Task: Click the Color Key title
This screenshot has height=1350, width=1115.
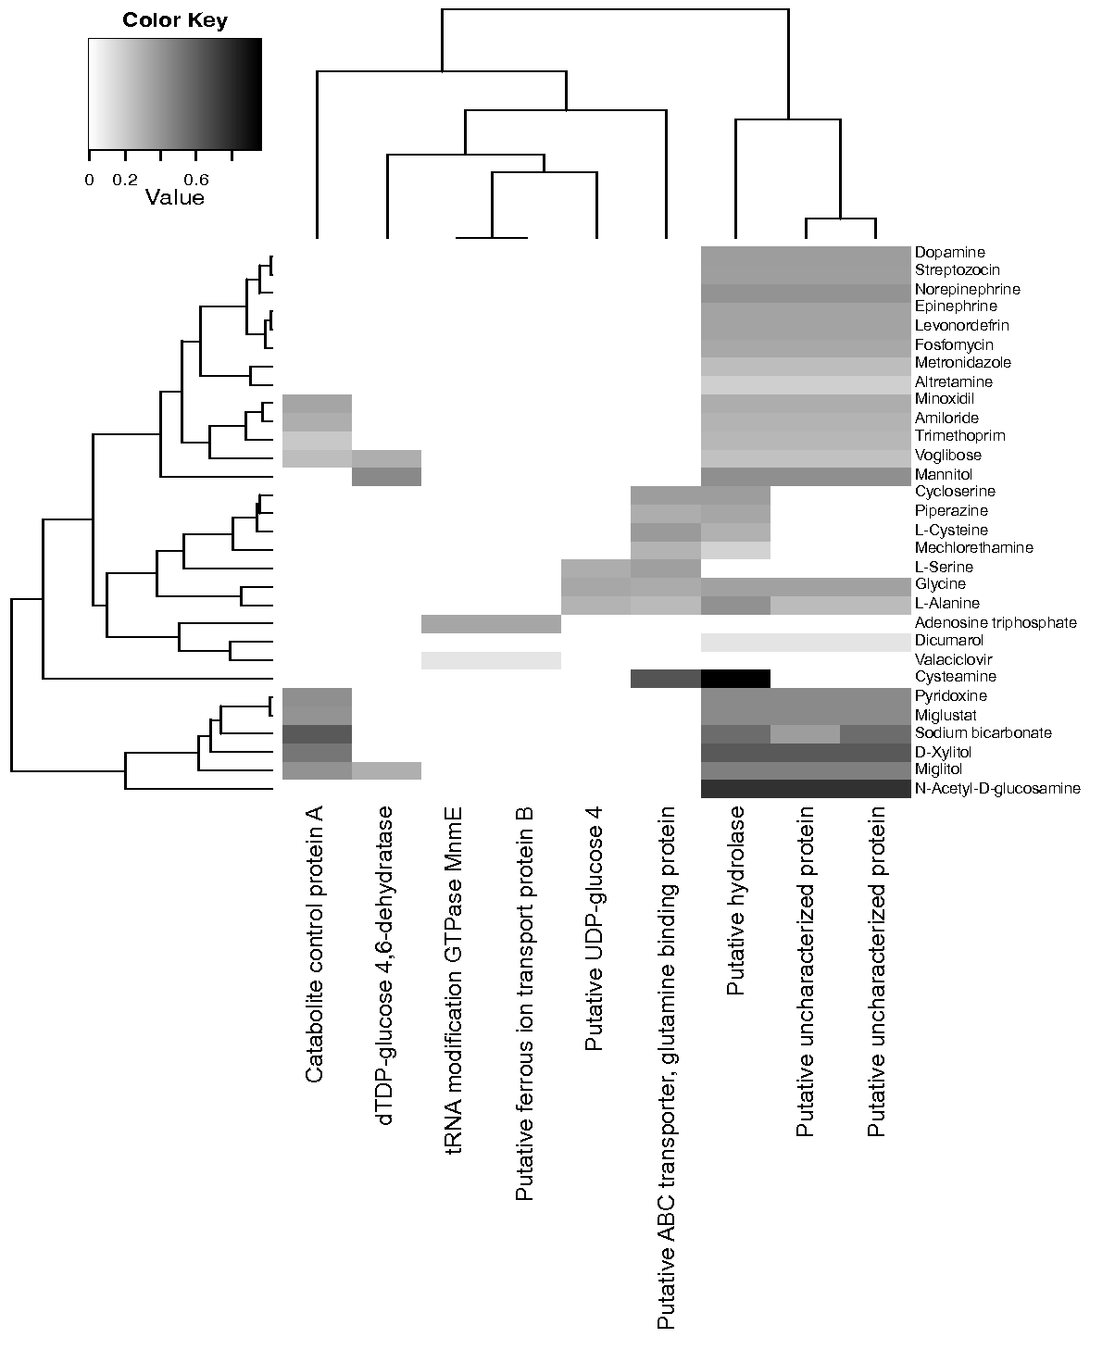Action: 175,20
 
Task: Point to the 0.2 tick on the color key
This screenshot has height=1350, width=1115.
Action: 125,180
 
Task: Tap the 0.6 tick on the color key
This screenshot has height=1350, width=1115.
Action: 195,180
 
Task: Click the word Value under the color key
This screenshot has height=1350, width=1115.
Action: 175,197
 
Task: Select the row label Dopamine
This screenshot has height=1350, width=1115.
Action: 949,252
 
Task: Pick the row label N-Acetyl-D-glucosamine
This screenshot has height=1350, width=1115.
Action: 997,789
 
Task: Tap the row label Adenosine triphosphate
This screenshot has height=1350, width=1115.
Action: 996,622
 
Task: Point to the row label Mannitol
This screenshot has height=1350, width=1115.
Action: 941,473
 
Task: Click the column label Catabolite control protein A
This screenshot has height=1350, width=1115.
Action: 316,944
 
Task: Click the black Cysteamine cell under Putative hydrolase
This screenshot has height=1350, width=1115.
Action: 736,679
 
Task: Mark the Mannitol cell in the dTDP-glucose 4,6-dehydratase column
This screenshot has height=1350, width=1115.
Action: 387,476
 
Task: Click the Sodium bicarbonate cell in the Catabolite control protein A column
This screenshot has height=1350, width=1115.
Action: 317,733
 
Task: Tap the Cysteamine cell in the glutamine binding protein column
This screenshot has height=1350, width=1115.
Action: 665,679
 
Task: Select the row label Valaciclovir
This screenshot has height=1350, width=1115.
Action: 953,659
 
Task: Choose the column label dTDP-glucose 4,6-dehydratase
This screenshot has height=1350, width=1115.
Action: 386,966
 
